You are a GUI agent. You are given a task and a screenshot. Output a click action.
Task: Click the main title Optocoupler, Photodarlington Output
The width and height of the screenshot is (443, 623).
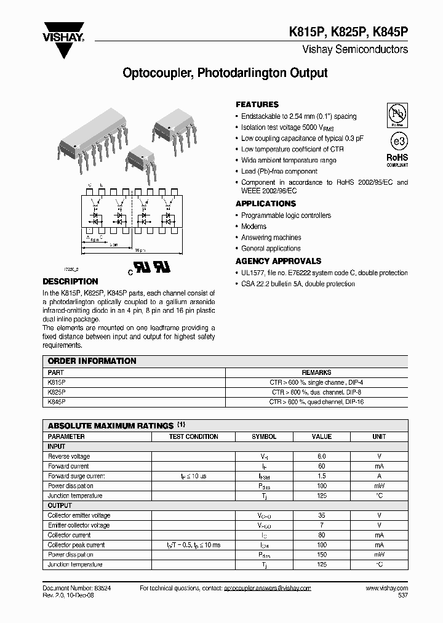pyautogui.click(x=225, y=73)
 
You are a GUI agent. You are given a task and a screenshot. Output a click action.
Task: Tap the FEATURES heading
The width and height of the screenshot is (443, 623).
pyautogui.click(x=257, y=105)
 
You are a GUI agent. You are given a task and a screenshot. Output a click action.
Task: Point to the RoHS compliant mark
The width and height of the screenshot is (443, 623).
pyautogui.click(x=397, y=160)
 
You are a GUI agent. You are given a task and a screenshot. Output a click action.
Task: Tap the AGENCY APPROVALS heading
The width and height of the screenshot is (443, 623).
pyautogui.click(x=278, y=261)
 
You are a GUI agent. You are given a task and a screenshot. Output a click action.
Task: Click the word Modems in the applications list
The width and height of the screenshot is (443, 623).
pyautogui.click(x=253, y=227)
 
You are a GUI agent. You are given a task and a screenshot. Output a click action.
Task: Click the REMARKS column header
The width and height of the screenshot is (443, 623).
pyautogui.click(x=316, y=372)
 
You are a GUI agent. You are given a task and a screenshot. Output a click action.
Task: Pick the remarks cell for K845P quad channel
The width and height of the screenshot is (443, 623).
pyautogui.click(x=316, y=401)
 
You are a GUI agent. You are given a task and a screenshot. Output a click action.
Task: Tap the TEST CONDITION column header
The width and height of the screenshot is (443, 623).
pyautogui.click(x=193, y=436)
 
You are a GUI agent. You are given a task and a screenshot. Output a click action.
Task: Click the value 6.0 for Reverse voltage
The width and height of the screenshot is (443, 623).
pyautogui.click(x=321, y=456)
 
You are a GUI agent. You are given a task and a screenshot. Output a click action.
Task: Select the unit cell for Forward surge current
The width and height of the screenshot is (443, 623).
pyautogui.click(x=379, y=476)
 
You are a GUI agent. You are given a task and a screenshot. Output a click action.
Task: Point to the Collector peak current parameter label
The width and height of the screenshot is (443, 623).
pyautogui.click(x=76, y=545)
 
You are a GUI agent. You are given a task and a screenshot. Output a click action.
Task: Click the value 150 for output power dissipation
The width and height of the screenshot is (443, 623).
pyautogui.click(x=321, y=555)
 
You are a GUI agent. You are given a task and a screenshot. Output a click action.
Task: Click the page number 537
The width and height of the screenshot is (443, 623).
pyautogui.click(x=402, y=596)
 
